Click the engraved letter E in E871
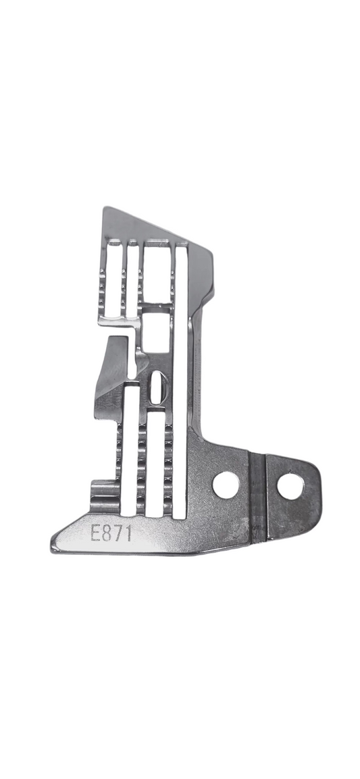tap(96, 533)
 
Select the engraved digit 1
tap(128, 533)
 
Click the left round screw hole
tap(226, 485)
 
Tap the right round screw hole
tap(290, 487)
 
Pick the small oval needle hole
tap(156, 387)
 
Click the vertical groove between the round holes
tap(257, 497)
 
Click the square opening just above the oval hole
tap(155, 332)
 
